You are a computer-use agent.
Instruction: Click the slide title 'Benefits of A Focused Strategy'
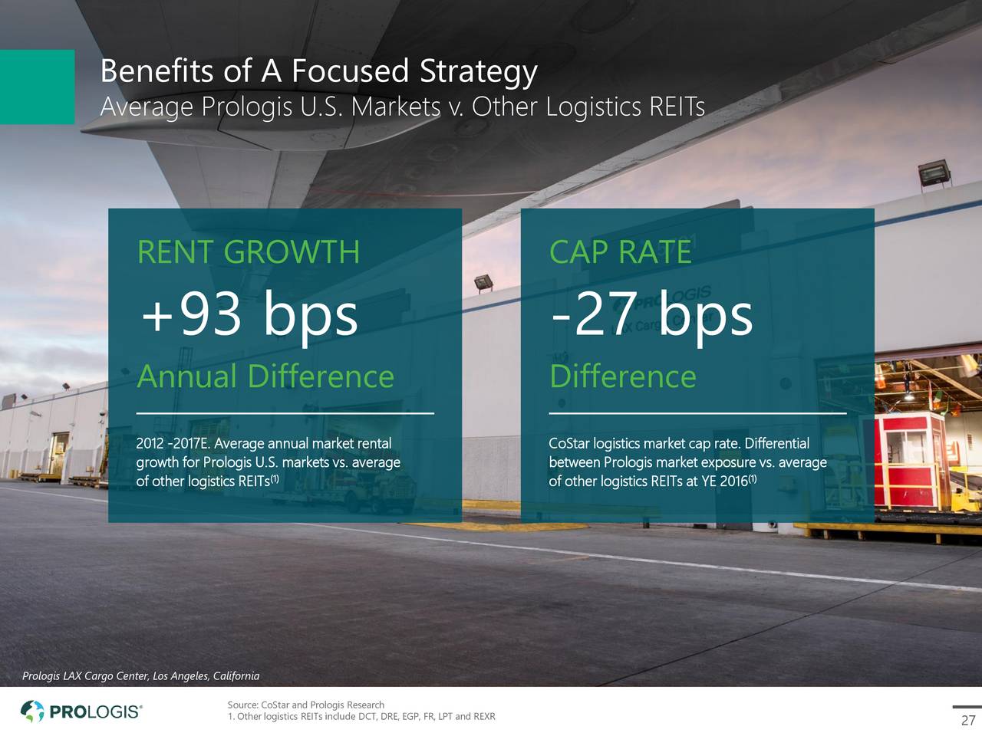coord(318,71)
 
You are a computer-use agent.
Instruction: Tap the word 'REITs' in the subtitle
coord(677,107)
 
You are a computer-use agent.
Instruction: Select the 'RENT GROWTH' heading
coord(249,252)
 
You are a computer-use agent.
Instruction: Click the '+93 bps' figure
coord(249,315)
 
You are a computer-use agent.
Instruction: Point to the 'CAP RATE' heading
coord(621,252)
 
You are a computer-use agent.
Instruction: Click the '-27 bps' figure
coord(652,315)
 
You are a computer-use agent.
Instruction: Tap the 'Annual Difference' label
coord(265,376)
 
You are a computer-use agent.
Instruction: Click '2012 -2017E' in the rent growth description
coord(173,444)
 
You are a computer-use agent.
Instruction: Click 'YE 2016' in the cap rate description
coord(725,481)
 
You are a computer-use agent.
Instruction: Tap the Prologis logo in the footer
coord(81,711)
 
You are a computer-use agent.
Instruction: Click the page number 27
coord(968,721)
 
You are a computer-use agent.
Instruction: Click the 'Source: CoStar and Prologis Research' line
coord(306,705)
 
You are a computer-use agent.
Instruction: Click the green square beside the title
coord(37,87)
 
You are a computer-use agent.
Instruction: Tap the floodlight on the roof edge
coord(934,173)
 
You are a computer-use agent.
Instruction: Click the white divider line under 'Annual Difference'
coord(285,413)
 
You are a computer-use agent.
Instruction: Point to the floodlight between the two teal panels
coord(483,283)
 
